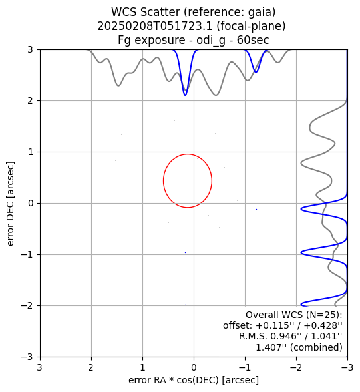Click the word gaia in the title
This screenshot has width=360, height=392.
pos(262,12)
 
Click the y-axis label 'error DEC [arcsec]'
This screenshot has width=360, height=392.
pos(11,204)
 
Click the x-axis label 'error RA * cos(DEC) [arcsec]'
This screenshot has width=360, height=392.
pos(194,380)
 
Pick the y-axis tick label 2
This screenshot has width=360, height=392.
pos(30,101)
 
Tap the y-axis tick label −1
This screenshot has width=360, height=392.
pos(27,254)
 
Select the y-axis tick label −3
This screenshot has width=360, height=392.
pos(27,357)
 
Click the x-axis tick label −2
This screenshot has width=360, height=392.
pos(297,368)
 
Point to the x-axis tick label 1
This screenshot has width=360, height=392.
pos(143,368)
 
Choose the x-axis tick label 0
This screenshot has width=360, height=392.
pos(194,368)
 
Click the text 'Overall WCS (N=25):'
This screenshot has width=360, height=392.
pos(293,315)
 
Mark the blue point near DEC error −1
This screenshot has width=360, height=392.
pos(185,252)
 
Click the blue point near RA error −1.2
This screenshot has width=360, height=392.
pos(256,209)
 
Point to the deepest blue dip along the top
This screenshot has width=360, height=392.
pos(185,95)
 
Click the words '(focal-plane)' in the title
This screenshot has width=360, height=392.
pos(251,26)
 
